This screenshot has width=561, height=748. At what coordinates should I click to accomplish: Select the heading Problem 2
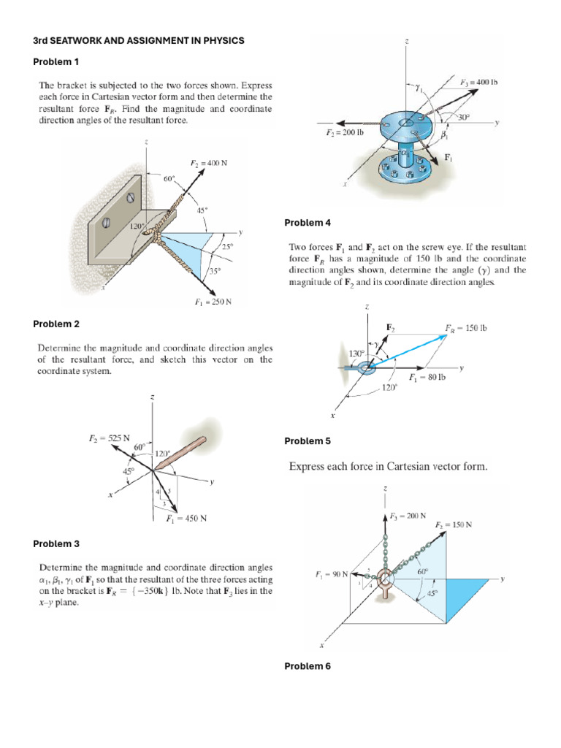[56, 324]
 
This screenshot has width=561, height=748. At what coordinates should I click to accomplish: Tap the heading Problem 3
[56, 543]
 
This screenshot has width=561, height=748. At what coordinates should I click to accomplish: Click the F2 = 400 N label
[207, 163]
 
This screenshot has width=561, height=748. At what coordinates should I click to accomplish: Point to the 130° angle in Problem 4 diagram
[356, 354]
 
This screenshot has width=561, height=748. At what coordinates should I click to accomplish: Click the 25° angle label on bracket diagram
[226, 247]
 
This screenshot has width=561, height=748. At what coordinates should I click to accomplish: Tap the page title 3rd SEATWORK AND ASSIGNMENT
[139, 41]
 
